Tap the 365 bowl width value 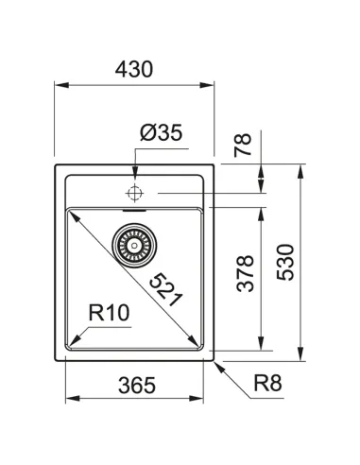(x=134, y=386)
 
